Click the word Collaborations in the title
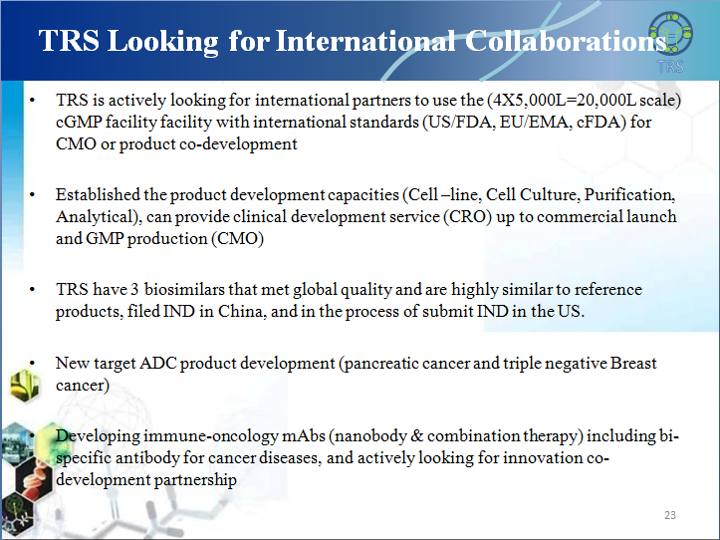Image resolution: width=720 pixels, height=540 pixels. (x=566, y=41)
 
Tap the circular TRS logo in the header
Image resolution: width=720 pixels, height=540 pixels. (x=671, y=33)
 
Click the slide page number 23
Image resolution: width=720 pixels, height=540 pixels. (x=670, y=515)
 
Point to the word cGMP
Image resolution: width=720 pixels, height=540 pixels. (x=79, y=123)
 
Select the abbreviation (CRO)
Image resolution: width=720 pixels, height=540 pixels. (x=467, y=217)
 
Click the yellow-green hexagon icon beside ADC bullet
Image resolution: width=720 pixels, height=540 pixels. (x=24, y=386)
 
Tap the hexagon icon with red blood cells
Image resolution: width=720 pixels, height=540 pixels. (x=33, y=479)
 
